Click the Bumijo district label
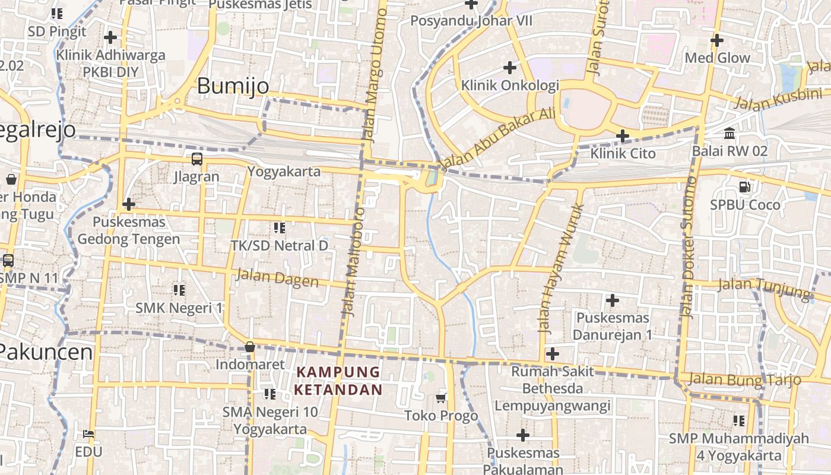[x=233, y=87]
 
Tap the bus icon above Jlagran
[x=196, y=159]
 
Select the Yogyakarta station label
[x=284, y=172]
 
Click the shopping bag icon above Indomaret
[x=250, y=346]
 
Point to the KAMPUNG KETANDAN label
[x=338, y=381]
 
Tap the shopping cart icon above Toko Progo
[x=440, y=398]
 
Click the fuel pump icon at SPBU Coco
[x=744, y=187]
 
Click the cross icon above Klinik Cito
[x=622, y=136]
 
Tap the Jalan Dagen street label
[x=277, y=278]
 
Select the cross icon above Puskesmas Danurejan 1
[x=613, y=300]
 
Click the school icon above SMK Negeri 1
[x=179, y=290]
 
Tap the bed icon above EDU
[x=88, y=434]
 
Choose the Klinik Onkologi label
[x=510, y=85]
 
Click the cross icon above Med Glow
[x=717, y=40]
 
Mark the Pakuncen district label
[x=46, y=352]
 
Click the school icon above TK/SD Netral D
[x=279, y=227]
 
